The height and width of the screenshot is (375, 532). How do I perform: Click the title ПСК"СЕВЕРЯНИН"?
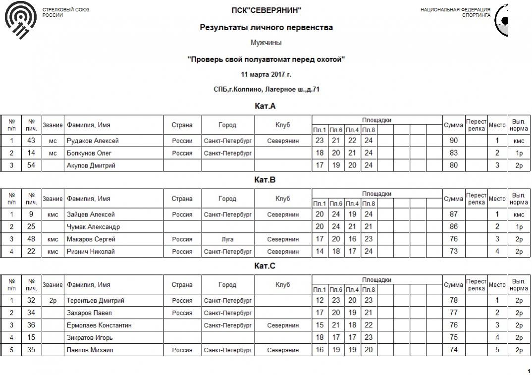coord(266,10)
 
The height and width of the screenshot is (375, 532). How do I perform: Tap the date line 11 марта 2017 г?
coord(266,75)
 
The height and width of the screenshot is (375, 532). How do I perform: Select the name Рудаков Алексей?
coord(93,141)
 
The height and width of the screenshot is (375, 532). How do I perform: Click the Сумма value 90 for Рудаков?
coord(453,141)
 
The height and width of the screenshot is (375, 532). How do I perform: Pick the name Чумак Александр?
coord(94,227)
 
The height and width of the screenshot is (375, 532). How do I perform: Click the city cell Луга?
coord(228,239)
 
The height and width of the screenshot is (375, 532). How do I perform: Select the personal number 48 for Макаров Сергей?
coord(31,239)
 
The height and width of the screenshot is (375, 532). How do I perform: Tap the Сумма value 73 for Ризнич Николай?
coord(453,252)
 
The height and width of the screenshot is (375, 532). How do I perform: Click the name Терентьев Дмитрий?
coord(96,300)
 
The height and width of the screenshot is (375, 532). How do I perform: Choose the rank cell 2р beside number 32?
coord(53,300)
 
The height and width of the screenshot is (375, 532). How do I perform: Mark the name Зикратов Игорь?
coord(90,338)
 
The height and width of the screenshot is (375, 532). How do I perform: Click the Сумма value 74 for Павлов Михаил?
coord(453,350)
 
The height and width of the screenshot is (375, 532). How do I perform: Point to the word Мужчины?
coord(266,43)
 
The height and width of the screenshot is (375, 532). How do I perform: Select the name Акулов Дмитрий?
coord(91,165)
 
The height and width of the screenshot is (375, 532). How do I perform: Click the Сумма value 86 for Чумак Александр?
coord(453,227)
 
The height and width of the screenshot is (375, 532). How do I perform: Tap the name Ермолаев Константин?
coord(99,325)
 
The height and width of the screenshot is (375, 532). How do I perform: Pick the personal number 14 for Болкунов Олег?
coord(31,153)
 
